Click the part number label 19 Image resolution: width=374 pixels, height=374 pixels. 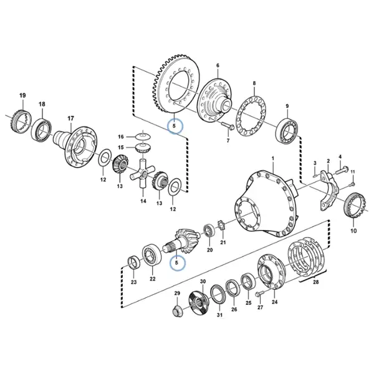(22, 95)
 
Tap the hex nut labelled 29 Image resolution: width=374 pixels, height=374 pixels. (177, 311)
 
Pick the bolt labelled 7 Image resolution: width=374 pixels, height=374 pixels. (227, 126)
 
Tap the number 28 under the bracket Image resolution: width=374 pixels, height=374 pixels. (315, 282)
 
